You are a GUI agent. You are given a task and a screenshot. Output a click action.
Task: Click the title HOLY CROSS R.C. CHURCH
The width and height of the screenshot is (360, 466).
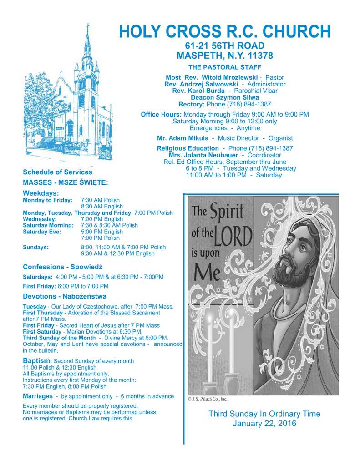224,31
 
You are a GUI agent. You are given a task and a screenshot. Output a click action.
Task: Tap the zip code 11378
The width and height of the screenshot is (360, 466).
258,56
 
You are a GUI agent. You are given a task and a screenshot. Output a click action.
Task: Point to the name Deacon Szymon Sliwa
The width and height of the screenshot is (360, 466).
225,97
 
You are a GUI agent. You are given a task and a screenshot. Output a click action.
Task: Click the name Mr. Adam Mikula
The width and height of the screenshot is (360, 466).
179,138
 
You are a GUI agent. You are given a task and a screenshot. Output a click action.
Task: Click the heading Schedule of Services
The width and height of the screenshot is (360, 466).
57,172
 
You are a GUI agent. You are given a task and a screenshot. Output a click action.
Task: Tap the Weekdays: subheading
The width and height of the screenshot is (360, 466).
41,193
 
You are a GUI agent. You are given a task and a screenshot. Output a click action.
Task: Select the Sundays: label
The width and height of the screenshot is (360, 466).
35,247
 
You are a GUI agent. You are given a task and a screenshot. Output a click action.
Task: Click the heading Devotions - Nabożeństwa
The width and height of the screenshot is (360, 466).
65,296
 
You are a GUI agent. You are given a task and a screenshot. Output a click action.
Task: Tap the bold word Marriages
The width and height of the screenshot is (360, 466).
37,396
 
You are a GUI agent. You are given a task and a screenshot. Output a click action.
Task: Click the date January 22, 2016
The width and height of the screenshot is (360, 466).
264,424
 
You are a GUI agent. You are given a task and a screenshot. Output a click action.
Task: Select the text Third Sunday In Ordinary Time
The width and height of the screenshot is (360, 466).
264,414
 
